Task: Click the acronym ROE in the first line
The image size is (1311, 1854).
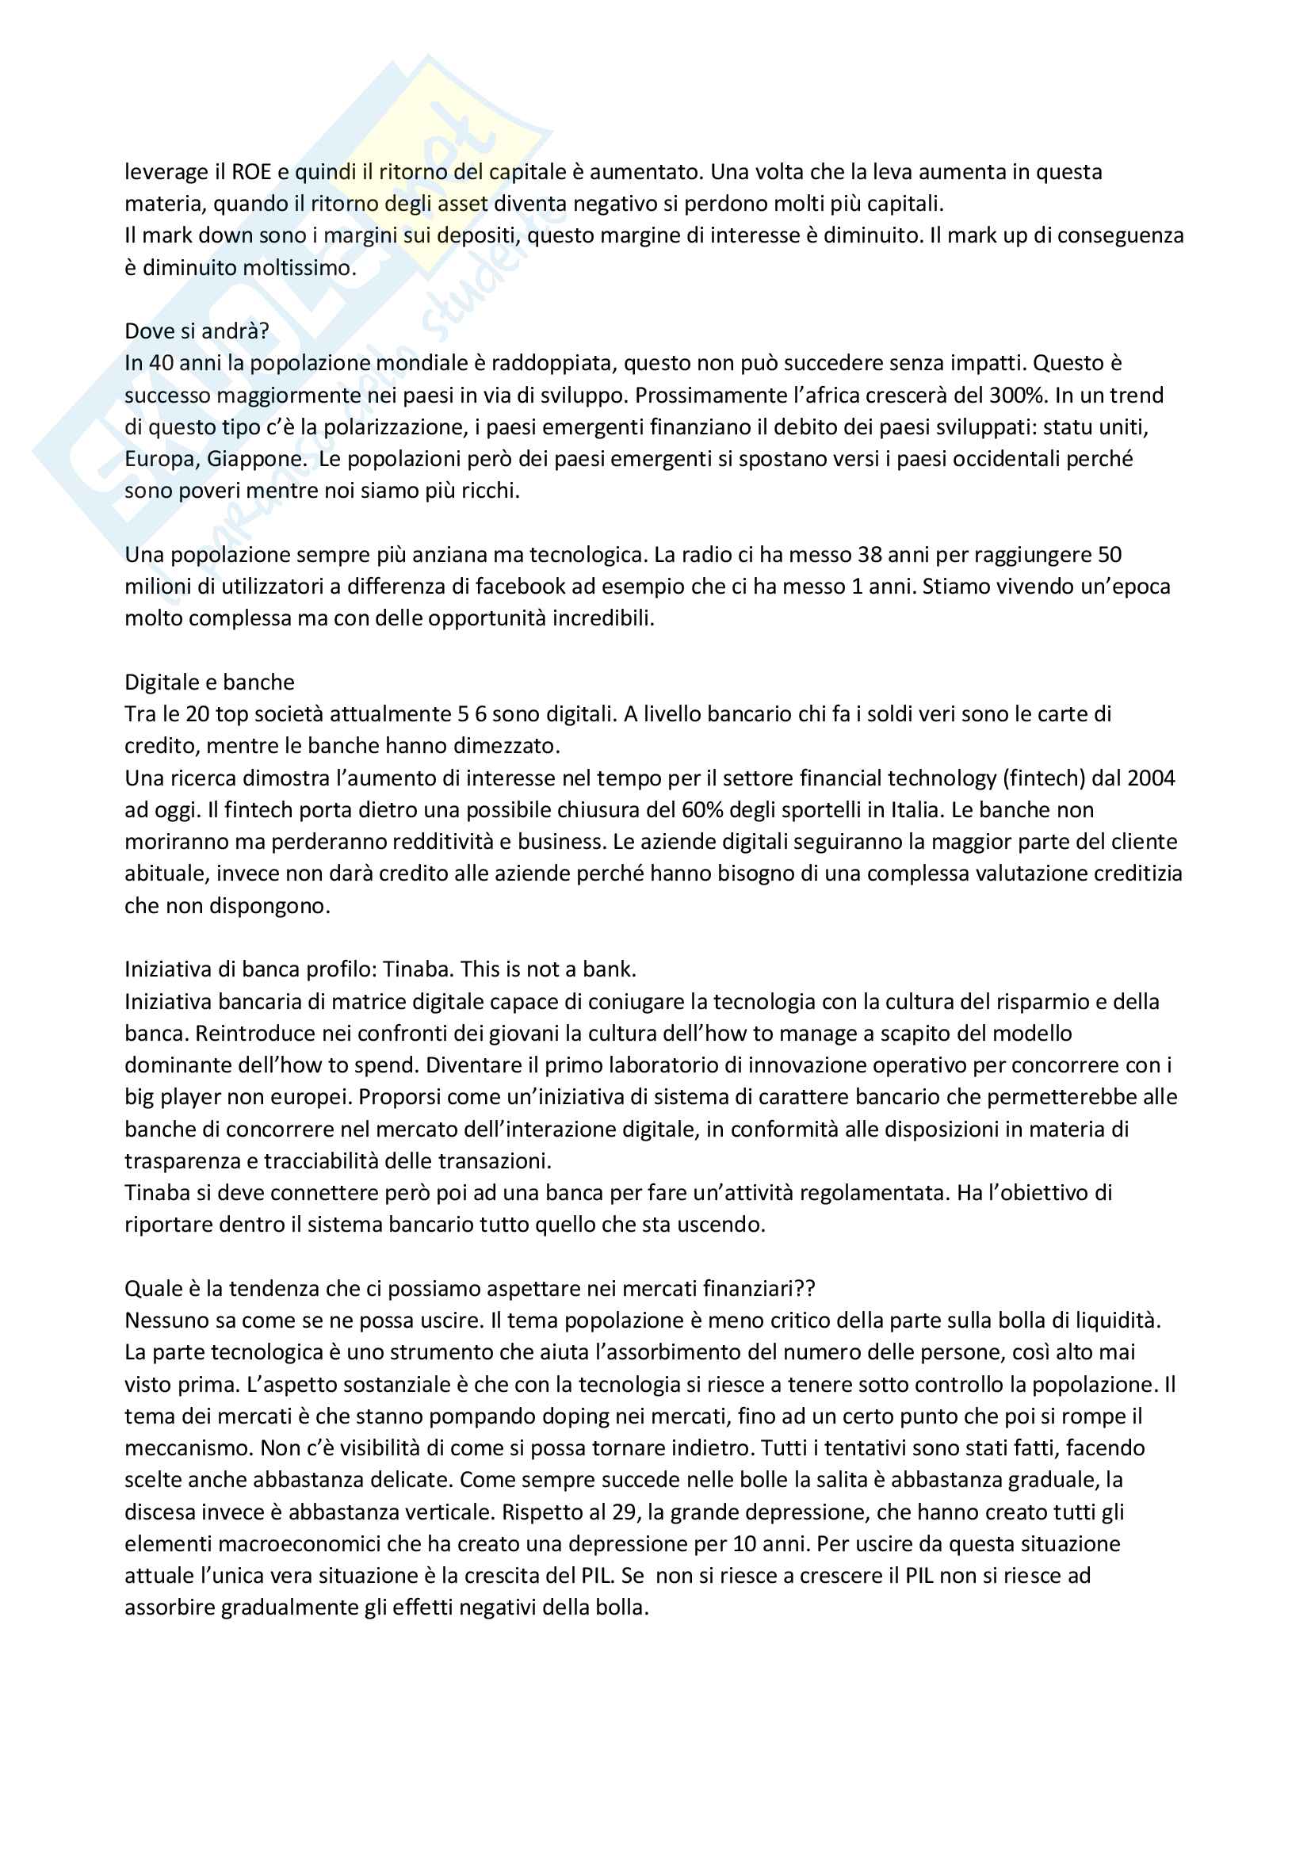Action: [x=251, y=172]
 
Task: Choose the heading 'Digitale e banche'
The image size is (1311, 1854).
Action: [x=209, y=682]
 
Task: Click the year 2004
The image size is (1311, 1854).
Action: [x=1150, y=778]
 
